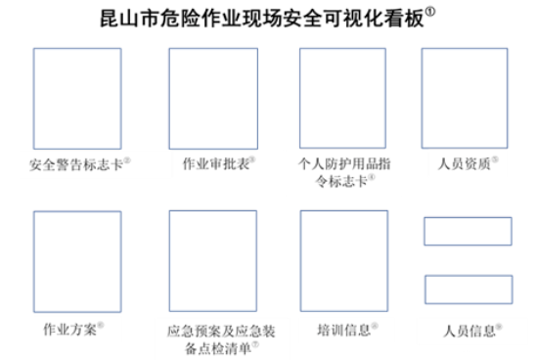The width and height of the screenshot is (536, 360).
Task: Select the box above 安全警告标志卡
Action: click(x=77, y=98)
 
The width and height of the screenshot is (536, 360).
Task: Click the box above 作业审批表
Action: click(x=212, y=98)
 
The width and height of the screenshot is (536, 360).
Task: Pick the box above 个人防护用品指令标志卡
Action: click(x=341, y=98)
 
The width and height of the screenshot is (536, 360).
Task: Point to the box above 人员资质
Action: click(x=465, y=98)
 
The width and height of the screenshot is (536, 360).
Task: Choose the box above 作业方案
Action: click(x=77, y=260)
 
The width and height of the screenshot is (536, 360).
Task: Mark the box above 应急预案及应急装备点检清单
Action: click(x=212, y=260)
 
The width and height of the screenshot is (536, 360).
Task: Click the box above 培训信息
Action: click(x=341, y=260)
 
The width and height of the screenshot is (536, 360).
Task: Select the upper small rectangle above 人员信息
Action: click(x=468, y=231)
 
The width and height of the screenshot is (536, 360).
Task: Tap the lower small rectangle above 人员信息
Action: click(x=468, y=290)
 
